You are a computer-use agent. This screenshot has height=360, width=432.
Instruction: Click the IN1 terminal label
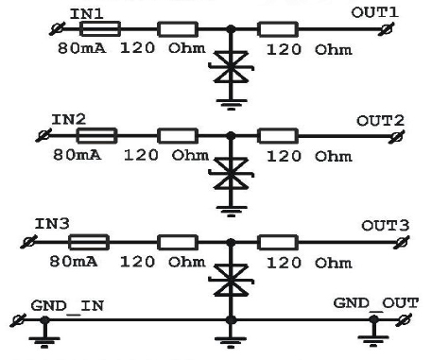click(x=87, y=14)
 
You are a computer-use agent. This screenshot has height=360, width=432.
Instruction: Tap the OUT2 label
click(x=380, y=121)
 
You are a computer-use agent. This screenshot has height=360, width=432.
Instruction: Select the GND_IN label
click(x=67, y=306)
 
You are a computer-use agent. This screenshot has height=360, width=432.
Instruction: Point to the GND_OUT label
click(x=375, y=303)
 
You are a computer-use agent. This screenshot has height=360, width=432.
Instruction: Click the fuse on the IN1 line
click(x=100, y=29)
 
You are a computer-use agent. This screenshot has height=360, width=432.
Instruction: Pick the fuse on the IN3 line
click(x=89, y=242)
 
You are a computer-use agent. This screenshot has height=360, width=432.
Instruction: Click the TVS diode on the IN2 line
click(x=231, y=174)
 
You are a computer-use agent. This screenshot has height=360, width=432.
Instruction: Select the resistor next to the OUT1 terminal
click(x=278, y=29)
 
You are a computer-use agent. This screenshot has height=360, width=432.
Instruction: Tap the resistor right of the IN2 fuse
click(x=178, y=136)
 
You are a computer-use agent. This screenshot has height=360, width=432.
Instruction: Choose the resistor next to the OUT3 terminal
click(x=278, y=243)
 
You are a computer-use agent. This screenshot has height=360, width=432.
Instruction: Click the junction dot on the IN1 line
click(x=231, y=29)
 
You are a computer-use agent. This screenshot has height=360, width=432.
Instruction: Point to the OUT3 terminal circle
click(x=402, y=243)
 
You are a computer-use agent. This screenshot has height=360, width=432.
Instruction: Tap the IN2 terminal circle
click(x=43, y=136)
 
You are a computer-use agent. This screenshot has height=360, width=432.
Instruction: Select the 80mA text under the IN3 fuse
click(x=74, y=262)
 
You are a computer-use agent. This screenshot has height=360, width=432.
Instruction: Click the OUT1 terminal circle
click(x=388, y=29)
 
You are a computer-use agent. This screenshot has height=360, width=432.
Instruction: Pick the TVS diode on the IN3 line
click(x=231, y=281)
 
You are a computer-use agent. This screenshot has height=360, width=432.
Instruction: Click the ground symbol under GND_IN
click(x=44, y=342)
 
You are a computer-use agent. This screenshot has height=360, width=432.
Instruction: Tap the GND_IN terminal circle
click(x=18, y=320)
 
